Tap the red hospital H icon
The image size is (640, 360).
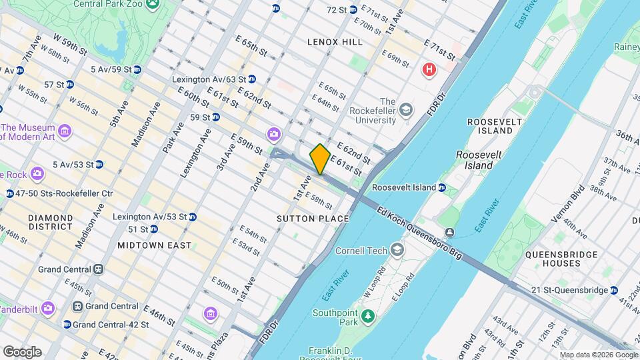click(x=429, y=69)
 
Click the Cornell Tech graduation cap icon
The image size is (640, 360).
click(x=398, y=251)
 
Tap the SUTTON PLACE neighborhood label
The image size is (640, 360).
click(x=313, y=219)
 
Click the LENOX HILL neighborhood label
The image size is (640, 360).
click(x=335, y=42)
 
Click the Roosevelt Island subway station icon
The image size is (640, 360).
click(x=442, y=187)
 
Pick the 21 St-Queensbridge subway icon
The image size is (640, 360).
click(x=613, y=290)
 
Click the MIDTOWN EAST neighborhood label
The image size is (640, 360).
click(x=154, y=245)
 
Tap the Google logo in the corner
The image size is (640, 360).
click(x=22, y=352)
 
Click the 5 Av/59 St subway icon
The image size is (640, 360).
click(x=137, y=69)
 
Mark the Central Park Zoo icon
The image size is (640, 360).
click(x=154, y=4)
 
